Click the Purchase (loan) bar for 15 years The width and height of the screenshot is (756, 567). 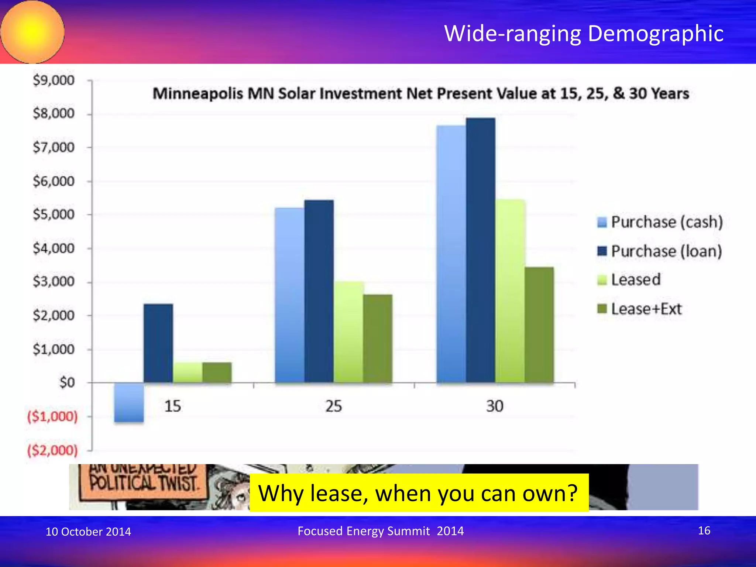pos(158,343)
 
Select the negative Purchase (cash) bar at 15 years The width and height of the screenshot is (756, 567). pos(129,402)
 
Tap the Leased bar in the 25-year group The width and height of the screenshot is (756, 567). pos(348,332)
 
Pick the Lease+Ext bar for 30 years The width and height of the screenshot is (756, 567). pos(539,325)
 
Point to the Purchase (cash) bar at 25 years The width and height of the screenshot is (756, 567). pos(290,295)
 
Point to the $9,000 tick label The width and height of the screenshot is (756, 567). pos(54,80)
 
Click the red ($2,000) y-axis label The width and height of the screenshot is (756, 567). pos(53,450)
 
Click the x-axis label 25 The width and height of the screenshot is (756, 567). pos(333,406)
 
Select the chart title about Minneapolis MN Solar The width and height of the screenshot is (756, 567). pos(421,93)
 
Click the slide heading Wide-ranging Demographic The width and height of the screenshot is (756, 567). pos(584,33)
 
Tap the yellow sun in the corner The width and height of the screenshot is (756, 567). pos(32,32)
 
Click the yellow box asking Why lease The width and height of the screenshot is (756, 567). pos(419,493)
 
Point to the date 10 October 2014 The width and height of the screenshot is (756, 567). pos(88,532)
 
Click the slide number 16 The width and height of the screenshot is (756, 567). pos(704,530)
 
